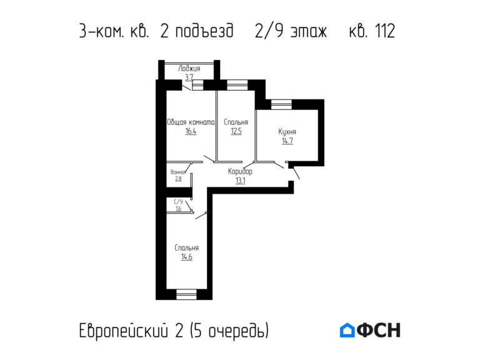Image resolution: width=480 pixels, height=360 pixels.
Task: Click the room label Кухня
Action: [287, 132]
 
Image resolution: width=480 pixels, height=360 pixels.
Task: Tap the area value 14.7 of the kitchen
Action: [287, 141]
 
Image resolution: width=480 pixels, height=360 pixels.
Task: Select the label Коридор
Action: [240, 171]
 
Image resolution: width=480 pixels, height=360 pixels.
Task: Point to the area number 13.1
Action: [240, 181]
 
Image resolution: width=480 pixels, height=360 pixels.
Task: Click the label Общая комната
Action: [191, 122]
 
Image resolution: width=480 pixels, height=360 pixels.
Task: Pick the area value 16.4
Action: [191, 132]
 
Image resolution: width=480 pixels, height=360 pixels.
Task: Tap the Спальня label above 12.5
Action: [236, 122]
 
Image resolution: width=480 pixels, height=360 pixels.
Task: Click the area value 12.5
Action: [236, 132]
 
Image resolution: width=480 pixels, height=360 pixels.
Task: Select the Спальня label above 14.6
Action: [186, 247]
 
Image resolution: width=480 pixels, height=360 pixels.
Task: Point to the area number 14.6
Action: [186, 257]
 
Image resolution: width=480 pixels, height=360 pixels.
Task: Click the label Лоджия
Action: [189, 68]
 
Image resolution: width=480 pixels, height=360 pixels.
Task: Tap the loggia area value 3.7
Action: [189, 76]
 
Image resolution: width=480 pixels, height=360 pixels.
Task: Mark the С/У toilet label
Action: [178, 201]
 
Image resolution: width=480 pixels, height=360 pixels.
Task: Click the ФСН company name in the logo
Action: [379, 330]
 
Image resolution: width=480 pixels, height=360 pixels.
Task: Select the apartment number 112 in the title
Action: [382, 31]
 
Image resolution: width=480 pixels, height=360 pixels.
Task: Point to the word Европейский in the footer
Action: [123, 330]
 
